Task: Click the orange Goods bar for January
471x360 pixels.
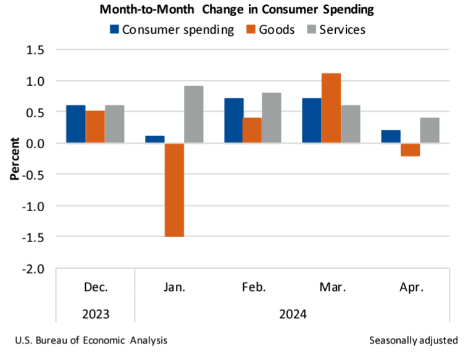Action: pyautogui.click(x=174, y=190)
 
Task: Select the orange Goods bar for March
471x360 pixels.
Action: pyautogui.click(x=331, y=108)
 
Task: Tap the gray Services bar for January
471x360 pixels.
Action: pyautogui.click(x=193, y=114)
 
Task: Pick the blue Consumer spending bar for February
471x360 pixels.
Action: pyautogui.click(x=233, y=120)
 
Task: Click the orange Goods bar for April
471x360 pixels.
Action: pyautogui.click(x=410, y=149)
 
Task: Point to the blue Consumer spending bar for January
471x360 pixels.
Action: pyautogui.click(x=155, y=140)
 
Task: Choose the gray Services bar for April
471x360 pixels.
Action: pyautogui.click(x=429, y=130)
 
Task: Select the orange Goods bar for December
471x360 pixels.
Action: pyautogui.click(x=95, y=127)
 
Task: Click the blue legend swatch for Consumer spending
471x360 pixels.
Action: pyautogui.click(x=114, y=29)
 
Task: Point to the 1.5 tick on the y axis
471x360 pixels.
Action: pyautogui.click(x=36, y=49)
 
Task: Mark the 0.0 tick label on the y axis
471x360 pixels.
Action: pyautogui.click(x=36, y=143)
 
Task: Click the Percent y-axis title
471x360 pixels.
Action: pyautogui.click(x=15, y=159)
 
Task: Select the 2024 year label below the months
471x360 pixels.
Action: pyautogui.click(x=292, y=314)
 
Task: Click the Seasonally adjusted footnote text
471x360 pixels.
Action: pyautogui.click(x=414, y=340)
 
